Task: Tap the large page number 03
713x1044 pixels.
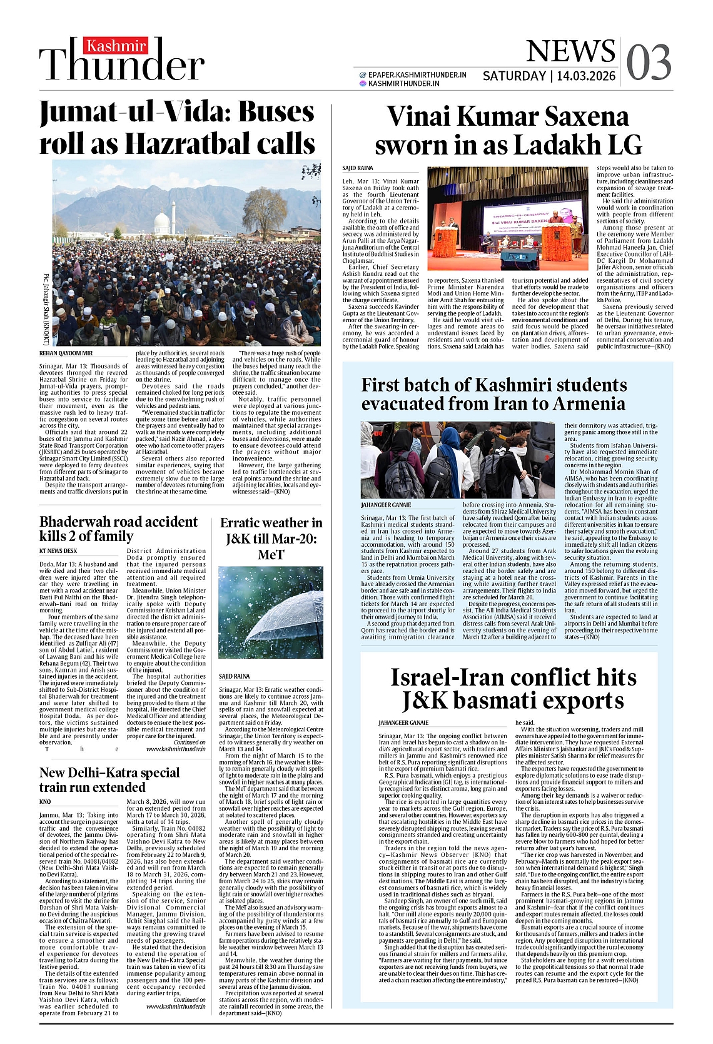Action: pos(649,63)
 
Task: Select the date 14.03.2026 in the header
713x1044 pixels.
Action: pos(586,76)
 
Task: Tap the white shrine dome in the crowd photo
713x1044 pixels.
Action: pos(162,221)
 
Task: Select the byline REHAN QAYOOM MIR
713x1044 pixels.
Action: pos(66,353)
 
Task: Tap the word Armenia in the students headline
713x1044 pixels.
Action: pos(581,403)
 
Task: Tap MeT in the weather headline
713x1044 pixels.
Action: pos(271,555)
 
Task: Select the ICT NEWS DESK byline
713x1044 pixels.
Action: pos(58,551)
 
